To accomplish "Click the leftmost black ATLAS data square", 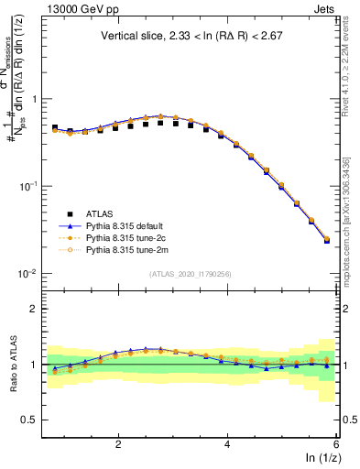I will pos(55,128).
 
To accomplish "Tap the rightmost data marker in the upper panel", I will pos(327,240).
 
